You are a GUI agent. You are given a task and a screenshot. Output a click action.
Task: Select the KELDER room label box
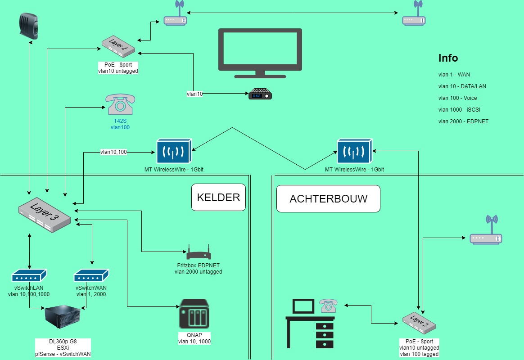pyautogui.click(x=218, y=197)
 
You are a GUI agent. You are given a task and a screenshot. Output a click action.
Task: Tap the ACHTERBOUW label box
pyautogui.click(x=328, y=198)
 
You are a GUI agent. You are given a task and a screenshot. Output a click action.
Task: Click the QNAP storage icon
pyautogui.click(x=194, y=314)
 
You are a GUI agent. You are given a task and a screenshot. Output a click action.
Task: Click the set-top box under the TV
pyautogui.click(x=261, y=95)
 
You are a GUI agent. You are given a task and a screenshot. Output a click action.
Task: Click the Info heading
pyautogui.click(x=448, y=58)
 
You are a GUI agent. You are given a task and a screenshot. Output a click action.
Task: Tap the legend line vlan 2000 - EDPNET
pyautogui.click(x=463, y=121)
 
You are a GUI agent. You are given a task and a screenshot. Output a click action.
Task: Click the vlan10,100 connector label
pyautogui.click(x=113, y=152)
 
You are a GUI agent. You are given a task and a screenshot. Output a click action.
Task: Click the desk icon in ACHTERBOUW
pyautogui.click(x=310, y=324)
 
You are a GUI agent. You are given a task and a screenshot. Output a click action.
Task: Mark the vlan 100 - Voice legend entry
pyautogui.click(x=457, y=98)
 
